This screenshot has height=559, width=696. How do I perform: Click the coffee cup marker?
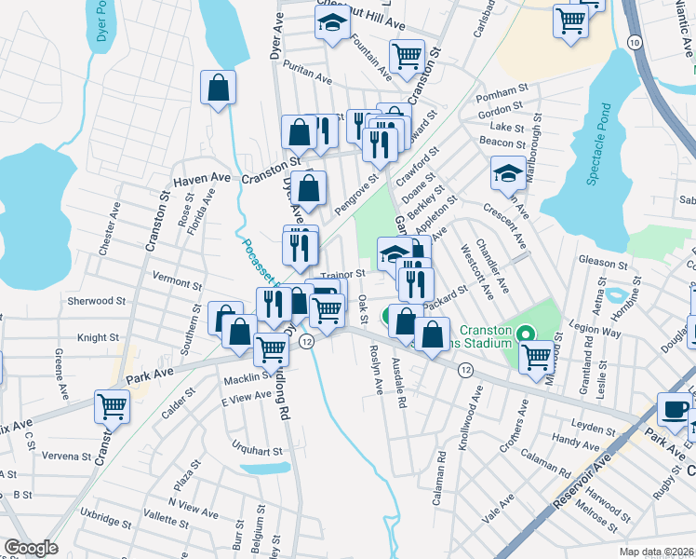click(x=675, y=408)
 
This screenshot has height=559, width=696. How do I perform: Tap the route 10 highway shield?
click(x=633, y=43)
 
